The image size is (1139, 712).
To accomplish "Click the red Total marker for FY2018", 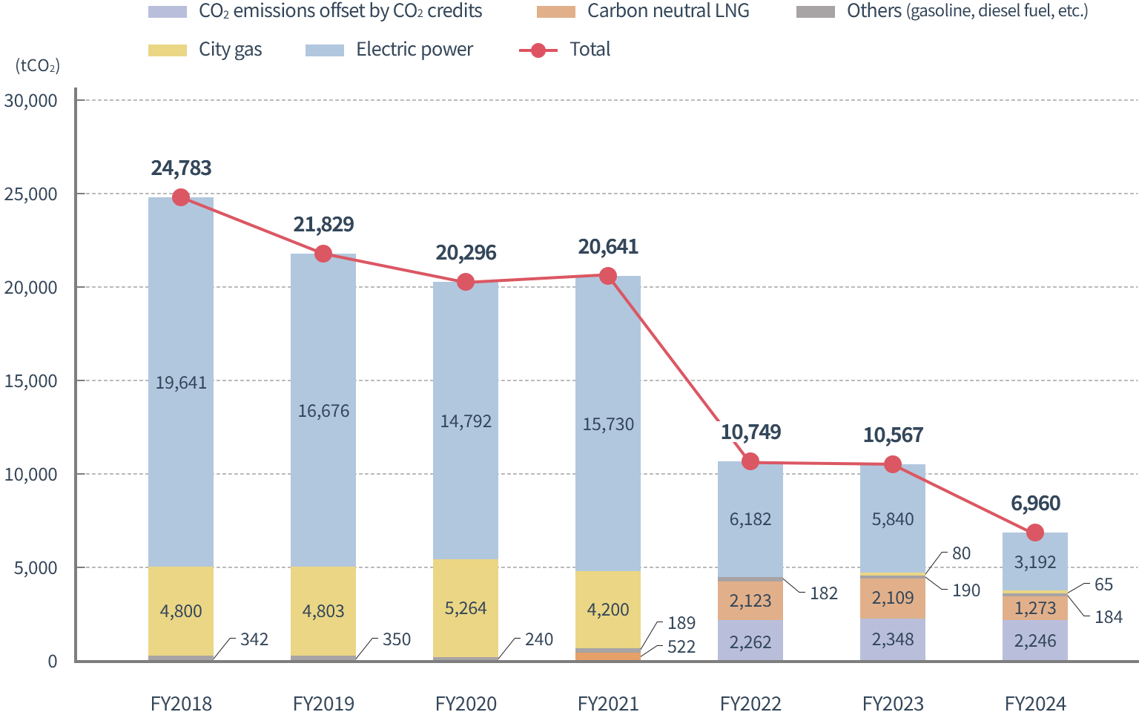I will point(180,197).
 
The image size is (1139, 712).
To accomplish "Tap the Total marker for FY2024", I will point(1035,533).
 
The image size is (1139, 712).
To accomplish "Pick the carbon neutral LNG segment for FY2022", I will point(750,601).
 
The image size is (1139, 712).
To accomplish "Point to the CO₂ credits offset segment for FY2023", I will point(893,639).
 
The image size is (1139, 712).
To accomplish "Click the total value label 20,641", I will point(608,247).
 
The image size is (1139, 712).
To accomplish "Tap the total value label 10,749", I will point(750,432).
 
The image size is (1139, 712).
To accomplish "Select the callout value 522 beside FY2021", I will point(681,647).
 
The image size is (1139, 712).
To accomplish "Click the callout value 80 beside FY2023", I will point(961,553).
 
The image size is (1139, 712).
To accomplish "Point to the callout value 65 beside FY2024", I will point(1103,584).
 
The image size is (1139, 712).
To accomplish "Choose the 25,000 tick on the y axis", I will point(31,194).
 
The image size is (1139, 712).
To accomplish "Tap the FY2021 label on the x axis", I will point(608,703).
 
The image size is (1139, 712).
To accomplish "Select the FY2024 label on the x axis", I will point(1035,703).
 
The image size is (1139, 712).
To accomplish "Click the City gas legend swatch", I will point(168,50).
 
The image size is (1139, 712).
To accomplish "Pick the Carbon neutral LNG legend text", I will point(668,11).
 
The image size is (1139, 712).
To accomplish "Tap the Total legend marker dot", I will point(538,50).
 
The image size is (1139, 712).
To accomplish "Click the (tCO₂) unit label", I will point(38,65).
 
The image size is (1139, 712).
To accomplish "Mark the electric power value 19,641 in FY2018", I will point(181,383).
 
